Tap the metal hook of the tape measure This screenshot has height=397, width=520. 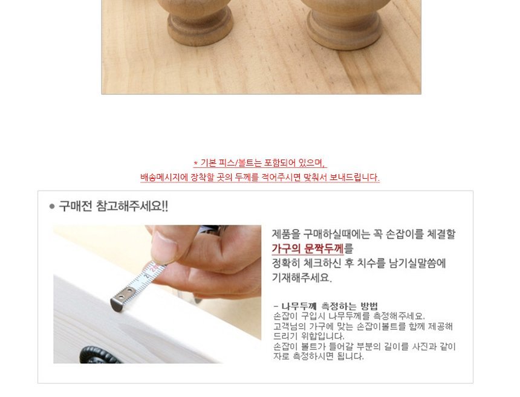tap(122, 299)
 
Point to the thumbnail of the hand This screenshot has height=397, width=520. tap(165, 245)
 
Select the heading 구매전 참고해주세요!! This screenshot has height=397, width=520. tap(114, 207)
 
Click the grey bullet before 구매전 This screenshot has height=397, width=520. tap(52, 207)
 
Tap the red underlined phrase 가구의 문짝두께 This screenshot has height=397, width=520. tap(308, 248)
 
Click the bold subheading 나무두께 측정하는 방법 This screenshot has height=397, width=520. tap(330, 306)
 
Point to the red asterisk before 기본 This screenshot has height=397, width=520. tap(196, 163)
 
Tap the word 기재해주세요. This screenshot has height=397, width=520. tap(302, 278)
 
